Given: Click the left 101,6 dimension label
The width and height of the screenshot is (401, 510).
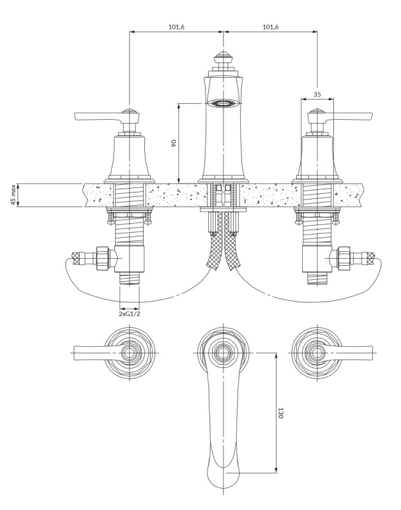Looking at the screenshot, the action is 176,27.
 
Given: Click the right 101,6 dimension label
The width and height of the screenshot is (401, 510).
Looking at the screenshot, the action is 271,27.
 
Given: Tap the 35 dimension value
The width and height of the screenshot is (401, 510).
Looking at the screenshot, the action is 317,94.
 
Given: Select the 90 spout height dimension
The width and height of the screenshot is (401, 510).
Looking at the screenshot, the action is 174,143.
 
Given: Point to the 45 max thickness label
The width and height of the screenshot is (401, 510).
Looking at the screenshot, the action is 13,195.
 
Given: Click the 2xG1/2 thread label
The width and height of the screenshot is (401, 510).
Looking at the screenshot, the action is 130,314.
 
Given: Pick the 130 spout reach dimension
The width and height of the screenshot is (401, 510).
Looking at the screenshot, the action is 280,413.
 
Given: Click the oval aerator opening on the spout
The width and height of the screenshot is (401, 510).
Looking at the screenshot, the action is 223,103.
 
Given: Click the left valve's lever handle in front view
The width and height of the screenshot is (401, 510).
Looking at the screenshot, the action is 100,116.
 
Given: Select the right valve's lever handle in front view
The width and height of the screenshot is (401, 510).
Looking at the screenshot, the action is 348,116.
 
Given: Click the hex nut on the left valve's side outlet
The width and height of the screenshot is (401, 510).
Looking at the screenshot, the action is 103,258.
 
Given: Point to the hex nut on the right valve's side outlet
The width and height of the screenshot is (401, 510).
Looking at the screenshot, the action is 344,258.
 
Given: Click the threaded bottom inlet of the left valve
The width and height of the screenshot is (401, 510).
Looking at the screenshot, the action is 130,279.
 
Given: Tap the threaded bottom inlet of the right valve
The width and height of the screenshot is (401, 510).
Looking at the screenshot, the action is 317,279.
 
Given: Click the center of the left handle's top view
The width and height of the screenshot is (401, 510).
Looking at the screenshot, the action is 130,353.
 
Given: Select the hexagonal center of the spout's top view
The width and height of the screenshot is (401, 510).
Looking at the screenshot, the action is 223,353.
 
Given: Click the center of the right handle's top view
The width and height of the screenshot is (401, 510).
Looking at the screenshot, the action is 317,353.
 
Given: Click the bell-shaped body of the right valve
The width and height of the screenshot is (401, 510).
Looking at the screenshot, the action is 317,157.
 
